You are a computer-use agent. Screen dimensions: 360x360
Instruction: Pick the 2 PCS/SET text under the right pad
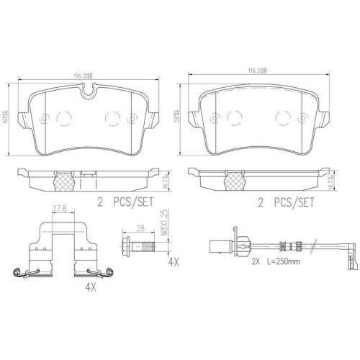click(287, 203)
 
